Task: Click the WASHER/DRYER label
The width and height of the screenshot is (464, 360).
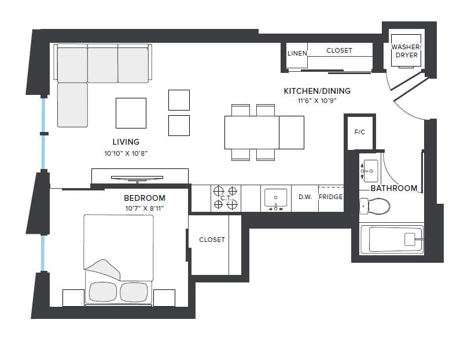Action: (x=406, y=51)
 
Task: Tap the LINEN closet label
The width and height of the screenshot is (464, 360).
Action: (x=297, y=53)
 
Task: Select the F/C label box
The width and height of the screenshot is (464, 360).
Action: (x=359, y=132)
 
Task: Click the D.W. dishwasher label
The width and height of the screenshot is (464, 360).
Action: (x=305, y=197)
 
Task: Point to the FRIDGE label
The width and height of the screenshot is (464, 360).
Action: (x=330, y=197)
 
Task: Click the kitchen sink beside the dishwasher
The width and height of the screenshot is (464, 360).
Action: (x=275, y=198)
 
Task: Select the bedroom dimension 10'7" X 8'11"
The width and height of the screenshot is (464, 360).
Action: (x=145, y=208)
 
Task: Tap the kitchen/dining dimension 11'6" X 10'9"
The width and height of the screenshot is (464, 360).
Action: (x=316, y=101)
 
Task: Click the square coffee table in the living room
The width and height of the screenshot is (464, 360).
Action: (x=131, y=113)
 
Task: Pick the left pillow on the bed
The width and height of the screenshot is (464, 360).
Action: (x=102, y=292)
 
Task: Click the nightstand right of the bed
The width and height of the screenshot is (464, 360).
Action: (x=164, y=297)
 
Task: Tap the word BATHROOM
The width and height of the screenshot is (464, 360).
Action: (x=393, y=188)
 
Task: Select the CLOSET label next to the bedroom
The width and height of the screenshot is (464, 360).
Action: (x=212, y=240)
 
